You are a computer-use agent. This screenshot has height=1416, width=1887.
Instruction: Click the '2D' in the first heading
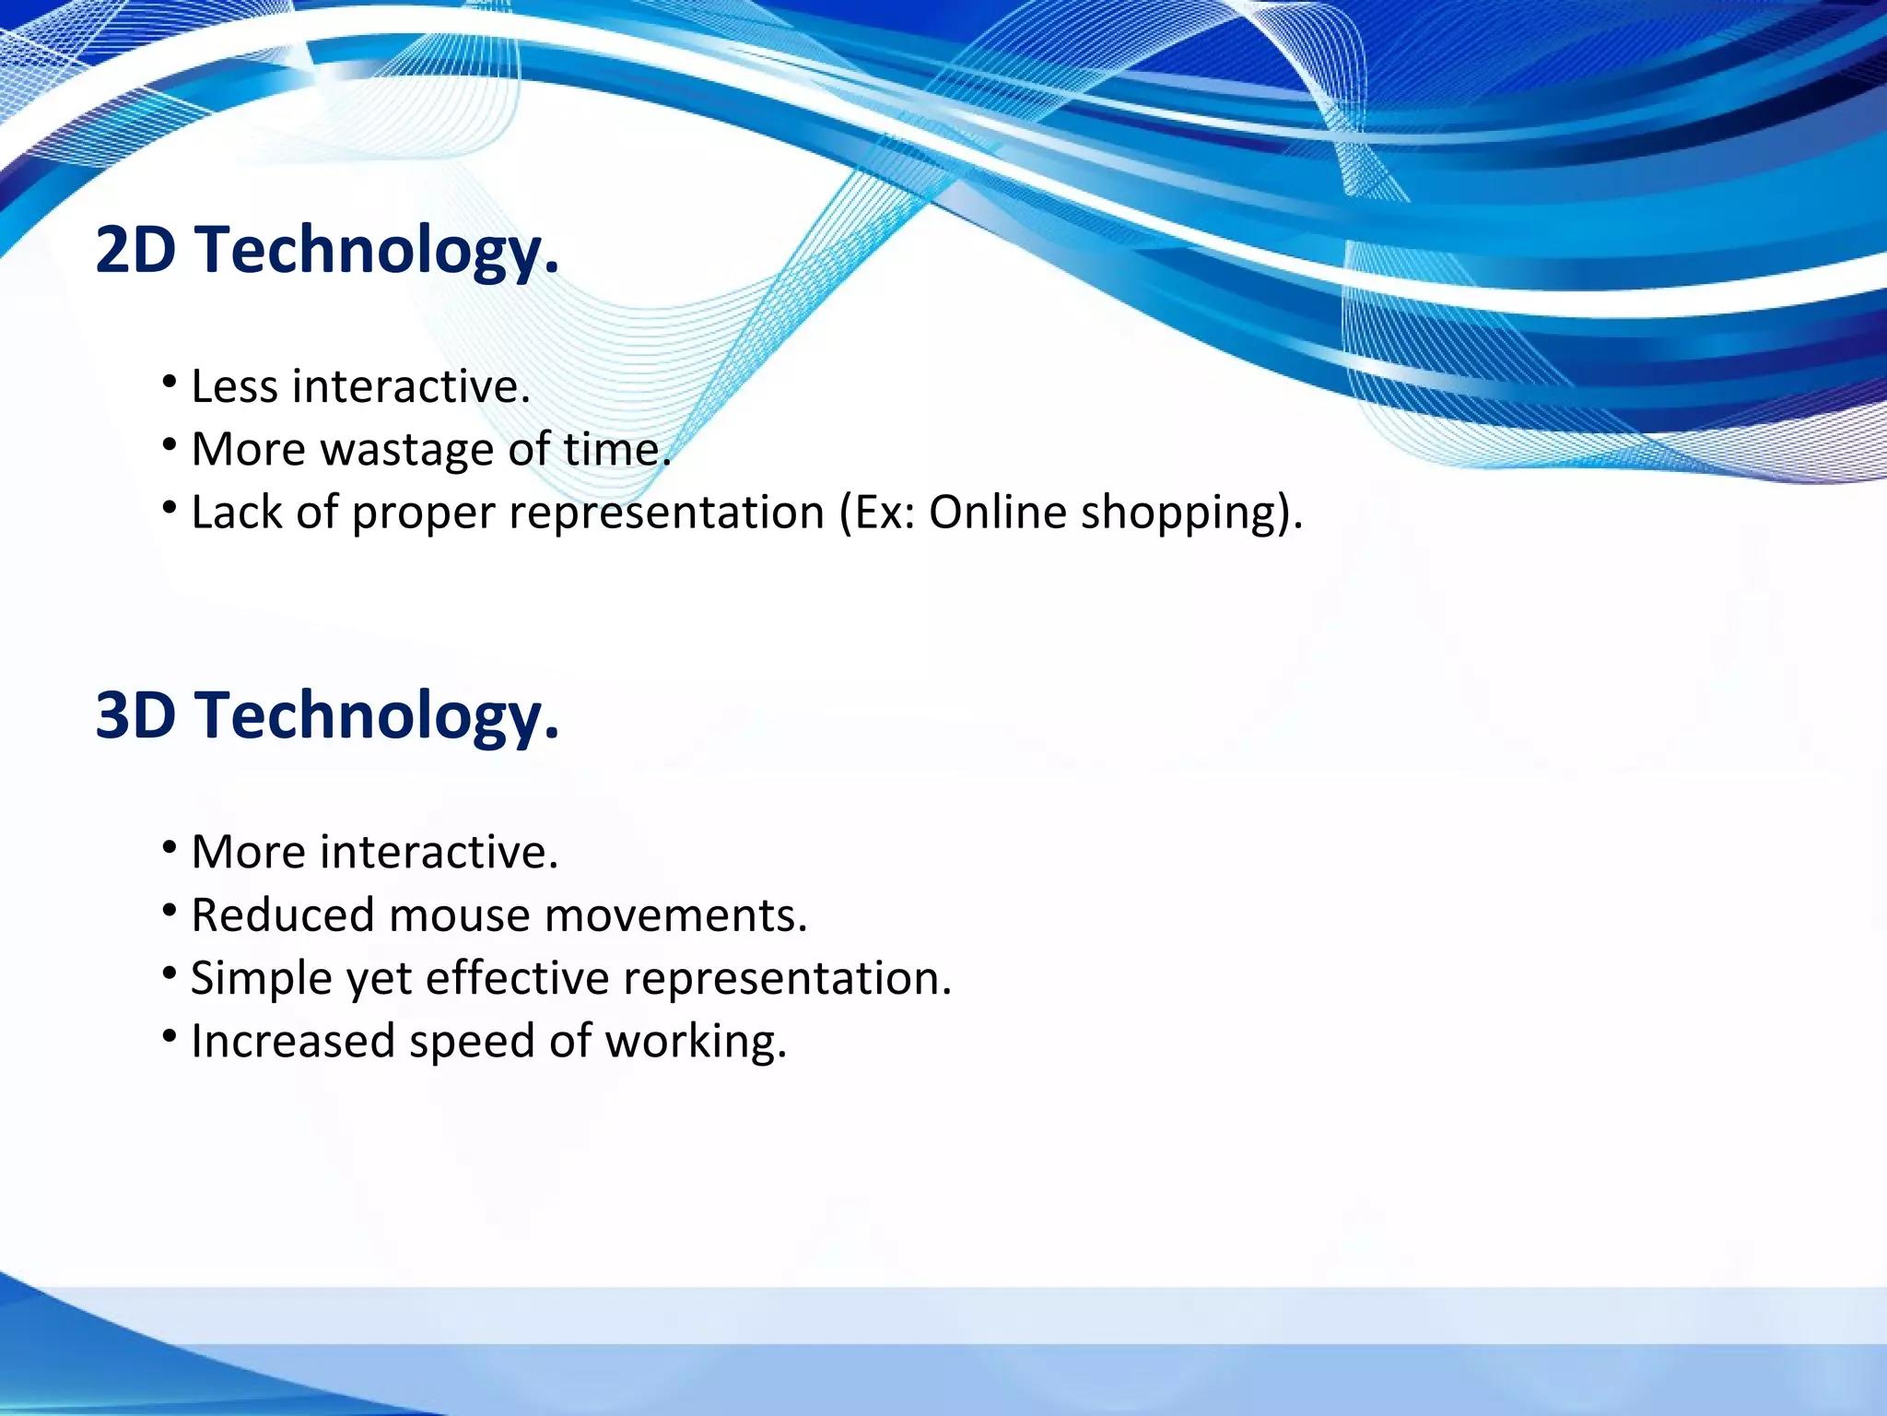coord(135,250)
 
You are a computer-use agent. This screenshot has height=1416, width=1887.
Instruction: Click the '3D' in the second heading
coord(135,715)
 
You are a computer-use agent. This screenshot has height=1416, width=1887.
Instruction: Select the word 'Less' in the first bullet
coord(234,386)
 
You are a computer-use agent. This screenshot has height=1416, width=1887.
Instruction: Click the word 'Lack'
coord(236,513)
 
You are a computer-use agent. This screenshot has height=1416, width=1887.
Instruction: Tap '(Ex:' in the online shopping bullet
coord(876,513)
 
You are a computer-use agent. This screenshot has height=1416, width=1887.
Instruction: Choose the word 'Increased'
coord(292,1042)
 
